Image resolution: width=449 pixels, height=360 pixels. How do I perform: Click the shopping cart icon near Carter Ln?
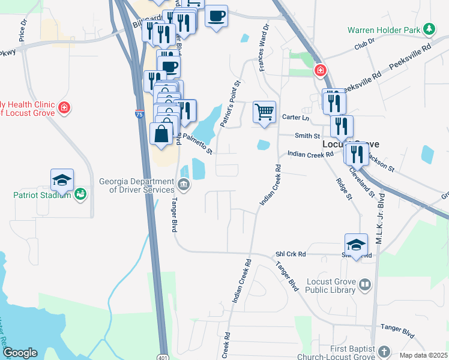click(x=264, y=112)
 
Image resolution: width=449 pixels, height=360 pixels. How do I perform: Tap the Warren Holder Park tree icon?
click(x=429, y=29)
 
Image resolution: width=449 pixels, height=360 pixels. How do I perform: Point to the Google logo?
click(x=20, y=353)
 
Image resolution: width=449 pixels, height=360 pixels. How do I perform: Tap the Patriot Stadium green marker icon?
click(x=80, y=194)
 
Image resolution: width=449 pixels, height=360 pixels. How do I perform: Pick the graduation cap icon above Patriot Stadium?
click(x=62, y=180)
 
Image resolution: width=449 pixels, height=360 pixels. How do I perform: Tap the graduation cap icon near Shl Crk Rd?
click(x=356, y=245)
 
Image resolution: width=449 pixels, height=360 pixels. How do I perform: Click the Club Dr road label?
click(x=364, y=43)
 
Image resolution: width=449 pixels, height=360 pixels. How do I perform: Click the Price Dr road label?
click(x=23, y=30)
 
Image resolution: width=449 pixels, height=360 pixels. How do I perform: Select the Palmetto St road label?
click(x=198, y=143)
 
